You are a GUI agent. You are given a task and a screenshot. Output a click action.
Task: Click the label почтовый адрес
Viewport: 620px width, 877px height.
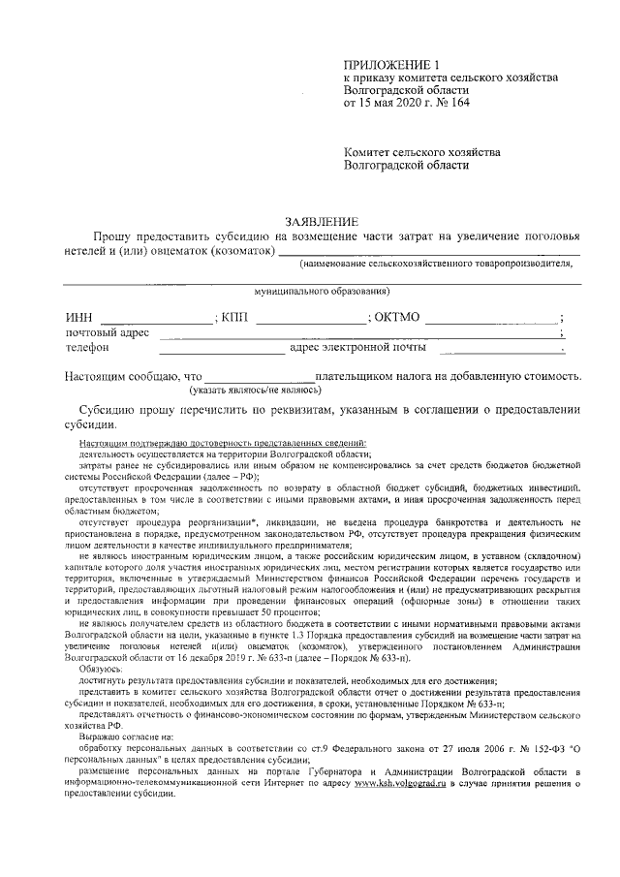coord(107,332)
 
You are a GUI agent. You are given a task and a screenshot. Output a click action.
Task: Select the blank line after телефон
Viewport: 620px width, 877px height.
coord(222,348)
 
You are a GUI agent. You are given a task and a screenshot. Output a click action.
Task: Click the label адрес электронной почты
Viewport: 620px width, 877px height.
coord(358,347)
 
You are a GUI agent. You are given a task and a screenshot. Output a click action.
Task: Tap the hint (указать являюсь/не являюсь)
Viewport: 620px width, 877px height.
coord(255,390)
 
